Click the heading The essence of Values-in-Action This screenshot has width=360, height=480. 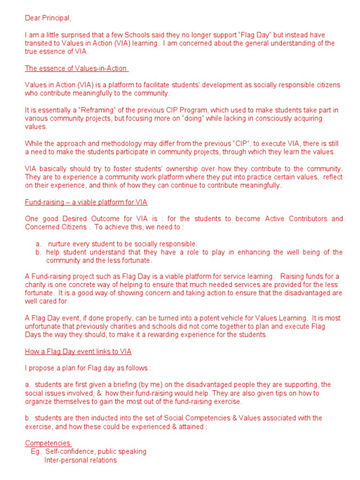(76, 68)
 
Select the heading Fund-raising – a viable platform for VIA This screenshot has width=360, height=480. (86, 202)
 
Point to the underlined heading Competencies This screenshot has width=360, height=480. (47, 443)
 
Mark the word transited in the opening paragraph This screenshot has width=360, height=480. (39, 43)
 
